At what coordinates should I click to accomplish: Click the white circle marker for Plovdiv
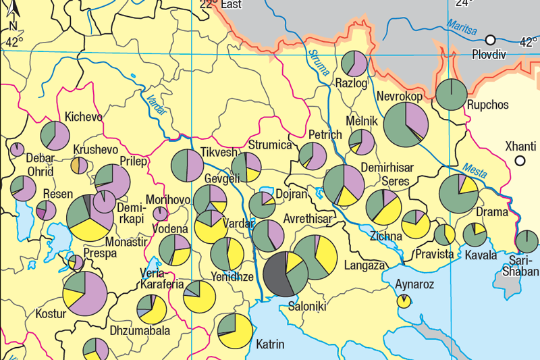pos(491,40)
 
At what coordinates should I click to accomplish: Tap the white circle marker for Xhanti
pos(520,161)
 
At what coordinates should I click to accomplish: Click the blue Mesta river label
pos(475,170)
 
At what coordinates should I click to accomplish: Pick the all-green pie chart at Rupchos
pos(452,95)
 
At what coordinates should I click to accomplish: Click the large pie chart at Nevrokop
pos(405,125)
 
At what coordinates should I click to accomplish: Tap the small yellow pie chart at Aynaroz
pos(404,301)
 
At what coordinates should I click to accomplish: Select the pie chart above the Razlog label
pos(354,63)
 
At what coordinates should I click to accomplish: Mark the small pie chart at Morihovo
pos(161,214)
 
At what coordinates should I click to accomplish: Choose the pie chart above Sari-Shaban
pos(526,242)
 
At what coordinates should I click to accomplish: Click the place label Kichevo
pos(84,117)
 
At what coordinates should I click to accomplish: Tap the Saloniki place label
pos(307,307)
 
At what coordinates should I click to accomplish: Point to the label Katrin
pos(271,344)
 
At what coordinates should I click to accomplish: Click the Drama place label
pos(492,212)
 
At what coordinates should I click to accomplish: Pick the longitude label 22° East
pos(221,5)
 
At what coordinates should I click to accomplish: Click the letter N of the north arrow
pos(13,26)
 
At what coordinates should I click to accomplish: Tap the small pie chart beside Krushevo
pos(79,165)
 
